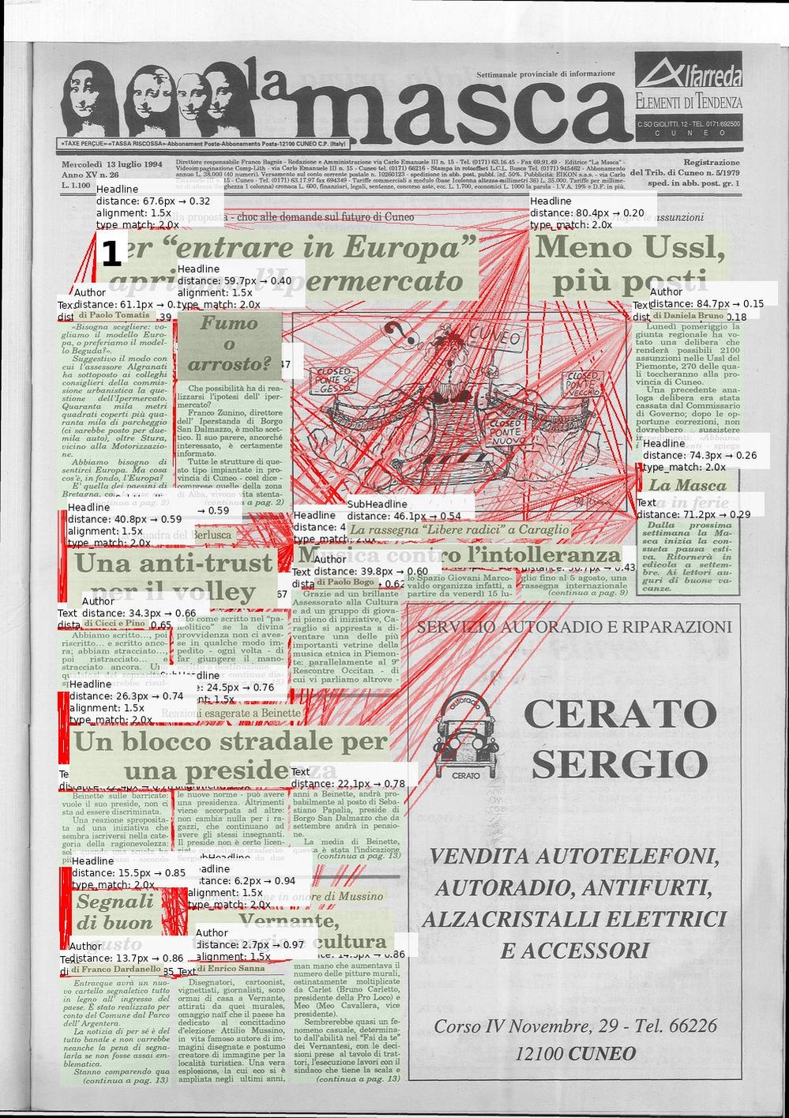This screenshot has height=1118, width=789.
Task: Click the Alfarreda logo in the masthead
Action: [x=689, y=77]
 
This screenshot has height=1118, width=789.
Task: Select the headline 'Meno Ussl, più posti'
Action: [x=629, y=264]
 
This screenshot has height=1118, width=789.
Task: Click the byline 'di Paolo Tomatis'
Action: [x=114, y=314]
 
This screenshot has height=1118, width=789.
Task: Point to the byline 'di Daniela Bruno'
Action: [x=687, y=315]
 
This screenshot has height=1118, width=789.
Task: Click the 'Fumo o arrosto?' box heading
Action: [x=229, y=344]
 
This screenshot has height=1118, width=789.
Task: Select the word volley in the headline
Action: [x=211, y=593]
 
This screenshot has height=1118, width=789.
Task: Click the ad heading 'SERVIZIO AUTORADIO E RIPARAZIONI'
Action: [x=574, y=627]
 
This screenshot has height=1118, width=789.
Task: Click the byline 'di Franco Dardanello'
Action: [x=115, y=969]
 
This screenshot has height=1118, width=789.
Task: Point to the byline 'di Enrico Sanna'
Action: [x=231, y=968]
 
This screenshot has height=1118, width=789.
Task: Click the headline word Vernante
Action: [x=288, y=920]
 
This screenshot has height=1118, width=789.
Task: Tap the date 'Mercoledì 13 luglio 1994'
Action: [x=111, y=164]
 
